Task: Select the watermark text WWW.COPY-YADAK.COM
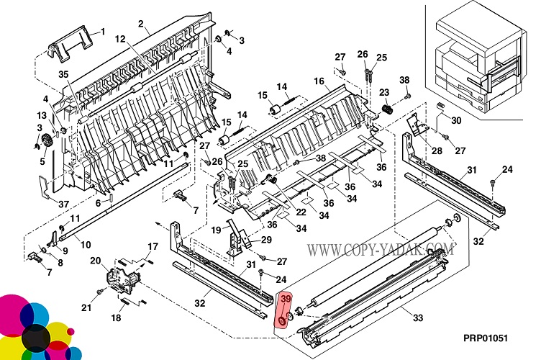pyautogui.click(x=381, y=251)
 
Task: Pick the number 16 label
pyautogui.click(x=319, y=81)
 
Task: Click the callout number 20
pyautogui.click(x=94, y=261)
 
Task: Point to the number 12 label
pyautogui.click(x=120, y=39)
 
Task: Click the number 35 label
pyautogui.click(x=63, y=74)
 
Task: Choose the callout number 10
pyautogui.click(x=86, y=245)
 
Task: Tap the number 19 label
pyautogui.click(x=217, y=230)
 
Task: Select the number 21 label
pyautogui.click(x=86, y=308)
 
